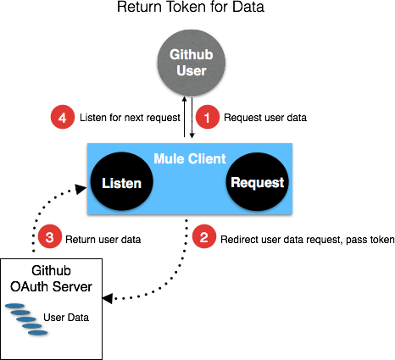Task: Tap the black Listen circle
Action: coord(120,182)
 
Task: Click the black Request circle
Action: coord(257,182)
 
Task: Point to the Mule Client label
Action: coord(188,158)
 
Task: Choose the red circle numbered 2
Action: coord(204,239)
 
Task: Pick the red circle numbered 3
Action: coord(50,239)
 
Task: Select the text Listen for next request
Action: coord(125,118)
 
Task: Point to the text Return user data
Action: coord(104,240)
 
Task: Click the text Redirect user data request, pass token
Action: coord(307,240)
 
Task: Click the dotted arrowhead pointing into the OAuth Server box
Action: coord(107,299)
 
